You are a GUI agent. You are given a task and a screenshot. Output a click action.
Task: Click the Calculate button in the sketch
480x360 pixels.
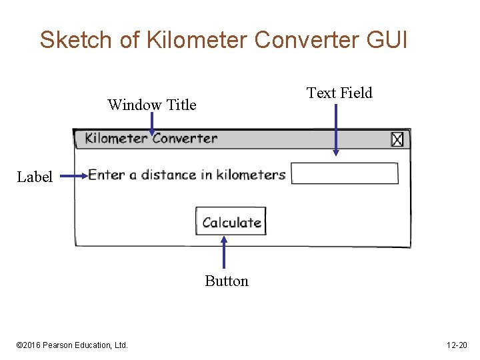click(231, 221)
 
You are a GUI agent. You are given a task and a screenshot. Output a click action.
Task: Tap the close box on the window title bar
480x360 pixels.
click(397, 139)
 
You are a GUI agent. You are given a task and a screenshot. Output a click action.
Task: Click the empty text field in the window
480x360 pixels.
click(345, 173)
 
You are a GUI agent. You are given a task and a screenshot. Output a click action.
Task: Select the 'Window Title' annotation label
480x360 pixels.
click(152, 105)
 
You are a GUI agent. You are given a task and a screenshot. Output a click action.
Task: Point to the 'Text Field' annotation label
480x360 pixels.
click(339, 93)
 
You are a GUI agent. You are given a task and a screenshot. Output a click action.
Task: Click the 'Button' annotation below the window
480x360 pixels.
click(227, 281)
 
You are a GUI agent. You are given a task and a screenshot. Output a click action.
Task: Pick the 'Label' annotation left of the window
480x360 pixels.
click(35, 177)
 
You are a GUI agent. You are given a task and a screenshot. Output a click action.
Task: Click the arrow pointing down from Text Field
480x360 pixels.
click(336, 129)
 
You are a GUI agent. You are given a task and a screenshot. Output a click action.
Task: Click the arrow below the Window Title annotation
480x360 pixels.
click(152, 124)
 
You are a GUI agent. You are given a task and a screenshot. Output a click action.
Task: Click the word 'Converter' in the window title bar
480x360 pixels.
click(185, 139)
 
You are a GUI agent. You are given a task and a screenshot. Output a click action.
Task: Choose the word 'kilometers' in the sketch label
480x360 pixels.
click(251, 175)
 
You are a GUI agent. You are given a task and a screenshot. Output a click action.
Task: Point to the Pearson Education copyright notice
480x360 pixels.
click(72, 345)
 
